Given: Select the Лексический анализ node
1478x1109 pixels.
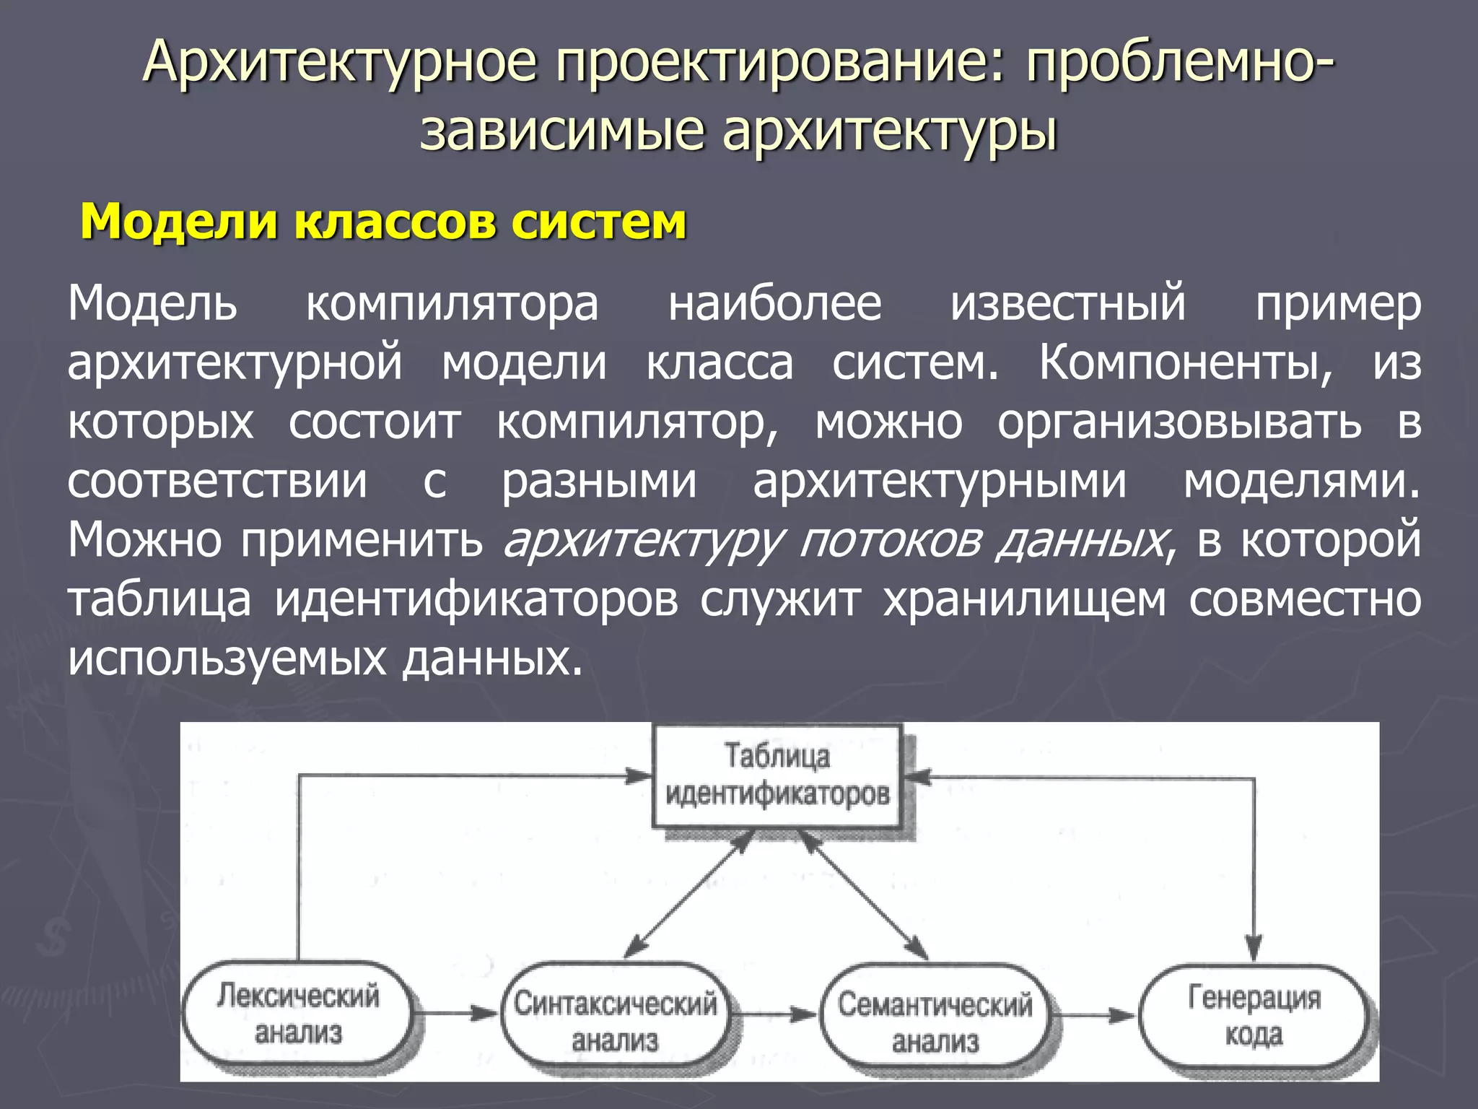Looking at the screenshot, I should (x=298, y=1014).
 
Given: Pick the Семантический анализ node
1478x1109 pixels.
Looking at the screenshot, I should (x=935, y=1022).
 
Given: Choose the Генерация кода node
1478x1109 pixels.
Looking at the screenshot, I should (x=1254, y=1016).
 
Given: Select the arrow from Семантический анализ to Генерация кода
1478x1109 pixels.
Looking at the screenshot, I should (x=1094, y=1016).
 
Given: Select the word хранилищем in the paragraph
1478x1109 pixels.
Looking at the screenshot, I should (x=1024, y=599).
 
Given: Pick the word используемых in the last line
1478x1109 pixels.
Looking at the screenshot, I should (x=227, y=658).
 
